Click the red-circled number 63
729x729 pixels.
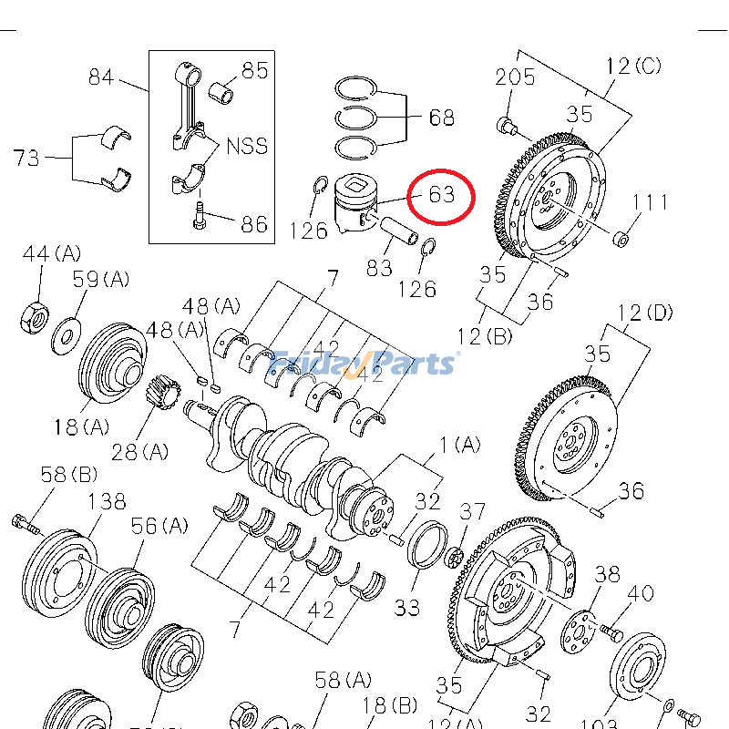pyautogui.click(x=441, y=195)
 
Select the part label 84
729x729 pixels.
pyautogui.click(x=101, y=77)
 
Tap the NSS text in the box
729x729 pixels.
pyautogui.click(x=247, y=147)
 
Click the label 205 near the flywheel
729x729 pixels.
pyautogui.click(x=516, y=77)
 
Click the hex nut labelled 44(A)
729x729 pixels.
pyautogui.click(x=34, y=316)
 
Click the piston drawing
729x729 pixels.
pyautogui.click(x=355, y=205)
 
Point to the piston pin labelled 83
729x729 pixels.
pyautogui.click(x=402, y=231)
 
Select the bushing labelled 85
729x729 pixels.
pyautogui.click(x=222, y=91)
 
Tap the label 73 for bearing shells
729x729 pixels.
pyautogui.click(x=26, y=158)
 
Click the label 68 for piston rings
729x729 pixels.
pyautogui.click(x=441, y=118)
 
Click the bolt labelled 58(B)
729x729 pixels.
pyautogui.click(x=25, y=524)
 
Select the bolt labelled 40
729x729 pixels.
pyautogui.click(x=610, y=631)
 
